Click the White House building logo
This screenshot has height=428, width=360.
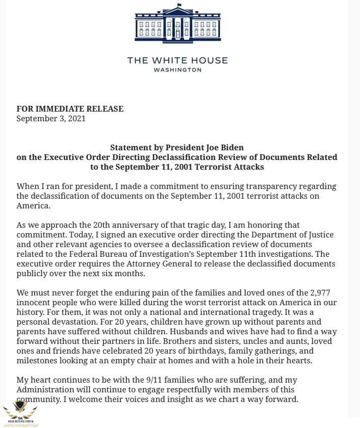[177, 25]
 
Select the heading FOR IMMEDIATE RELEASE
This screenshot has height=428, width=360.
[70, 109]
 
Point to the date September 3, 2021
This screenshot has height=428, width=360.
[51, 118]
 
